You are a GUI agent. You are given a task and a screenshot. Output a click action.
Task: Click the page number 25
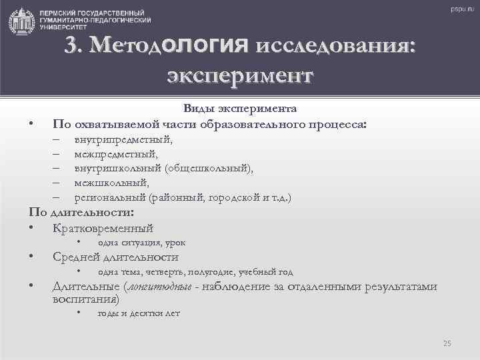tap(447, 343)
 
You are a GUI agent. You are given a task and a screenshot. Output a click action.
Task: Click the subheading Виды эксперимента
tap(240, 109)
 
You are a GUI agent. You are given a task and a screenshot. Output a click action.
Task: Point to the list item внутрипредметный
tap(123, 139)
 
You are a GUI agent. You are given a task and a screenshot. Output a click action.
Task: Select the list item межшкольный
tap(111, 183)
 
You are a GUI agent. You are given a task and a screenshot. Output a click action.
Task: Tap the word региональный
tap(110, 197)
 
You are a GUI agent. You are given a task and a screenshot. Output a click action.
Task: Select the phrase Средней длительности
tap(115, 257)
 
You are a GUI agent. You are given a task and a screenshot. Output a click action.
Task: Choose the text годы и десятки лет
tap(139, 313)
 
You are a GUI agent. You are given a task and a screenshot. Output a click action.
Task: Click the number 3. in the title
tap(74, 45)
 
